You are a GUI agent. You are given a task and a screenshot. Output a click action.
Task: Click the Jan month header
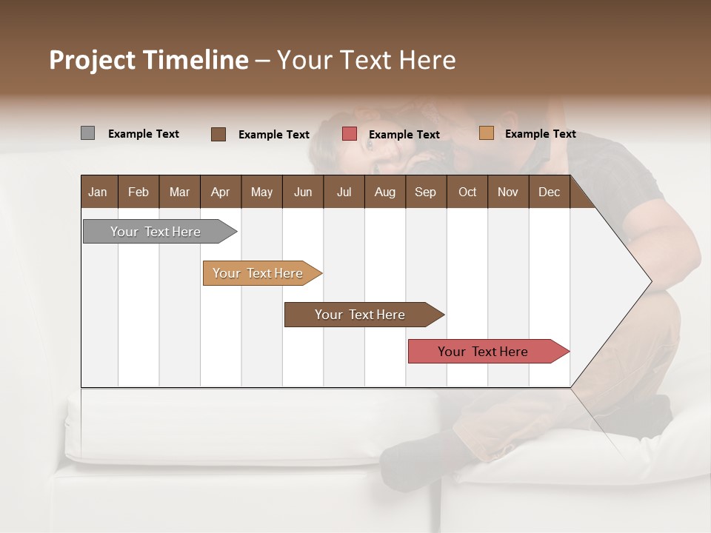pos(99,192)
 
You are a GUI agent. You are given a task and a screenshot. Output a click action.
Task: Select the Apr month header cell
pos(221,192)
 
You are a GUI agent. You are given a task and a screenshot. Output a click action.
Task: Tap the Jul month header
pos(344,192)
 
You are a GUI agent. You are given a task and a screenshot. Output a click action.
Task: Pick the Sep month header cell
pos(426,192)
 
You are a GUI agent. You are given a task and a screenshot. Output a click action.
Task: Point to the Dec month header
pos(549,192)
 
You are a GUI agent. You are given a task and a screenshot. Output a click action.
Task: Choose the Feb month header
pos(138,192)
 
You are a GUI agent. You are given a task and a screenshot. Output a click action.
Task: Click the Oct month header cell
pos(467,192)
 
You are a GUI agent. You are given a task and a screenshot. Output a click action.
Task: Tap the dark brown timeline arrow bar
pos(361,315)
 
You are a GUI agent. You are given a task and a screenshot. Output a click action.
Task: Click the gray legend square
pos(87,133)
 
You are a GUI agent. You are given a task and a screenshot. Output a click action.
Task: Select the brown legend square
pos(218,134)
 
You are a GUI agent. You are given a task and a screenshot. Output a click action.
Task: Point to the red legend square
pos(350,134)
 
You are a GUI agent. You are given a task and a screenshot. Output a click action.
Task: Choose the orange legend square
pos(486,133)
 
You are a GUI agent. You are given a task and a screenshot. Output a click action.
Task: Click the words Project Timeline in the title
pos(149,60)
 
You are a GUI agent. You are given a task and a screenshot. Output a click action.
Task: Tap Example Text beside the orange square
pos(540,134)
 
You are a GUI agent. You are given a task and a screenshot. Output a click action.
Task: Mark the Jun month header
pos(303,192)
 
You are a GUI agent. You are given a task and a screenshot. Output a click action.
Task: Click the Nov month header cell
pos(508,192)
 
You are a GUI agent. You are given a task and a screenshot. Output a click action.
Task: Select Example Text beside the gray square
pos(144,134)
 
